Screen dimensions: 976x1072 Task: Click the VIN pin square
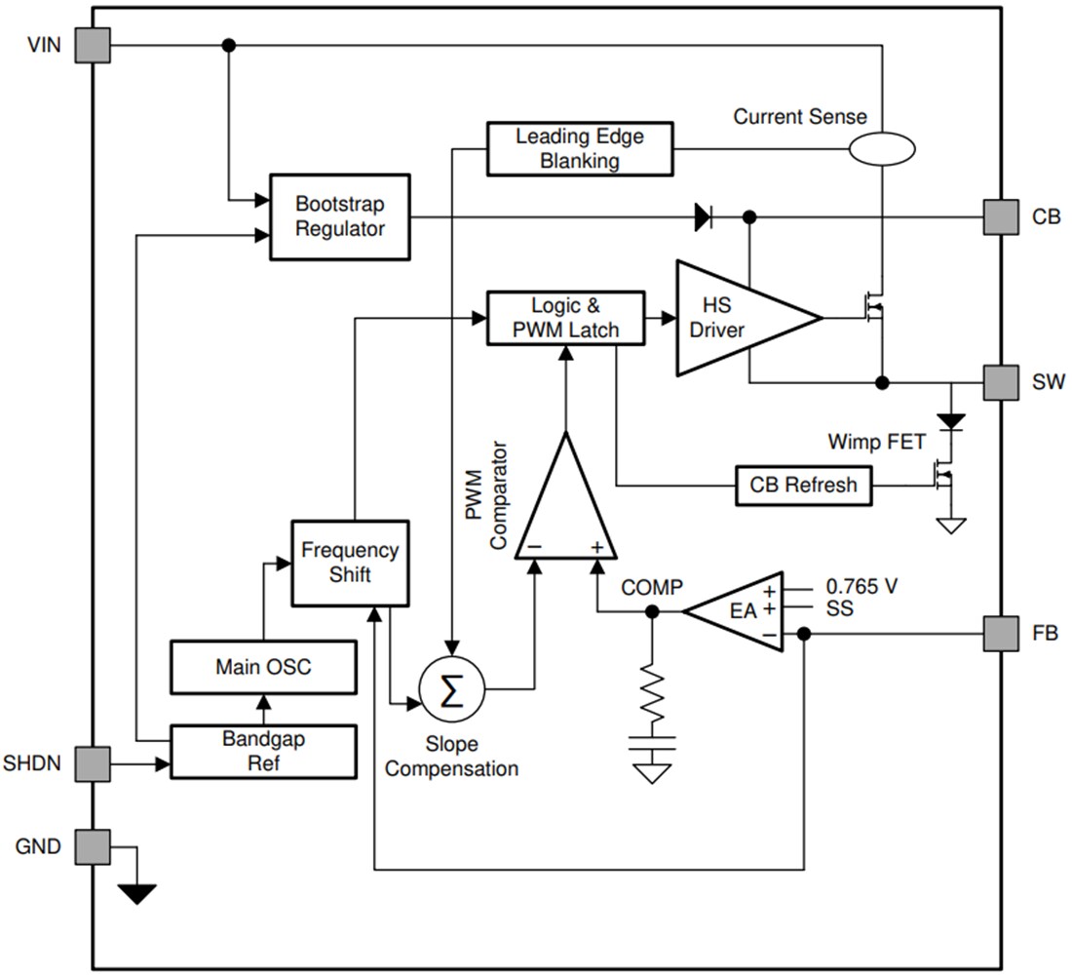(x=93, y=45)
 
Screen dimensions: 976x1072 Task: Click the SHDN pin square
(x=93, y=763)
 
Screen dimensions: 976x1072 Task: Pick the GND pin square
(x=93, y=846)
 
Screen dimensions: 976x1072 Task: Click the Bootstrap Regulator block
(x=339, y=216)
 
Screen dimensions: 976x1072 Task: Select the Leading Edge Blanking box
(x=579, y=148)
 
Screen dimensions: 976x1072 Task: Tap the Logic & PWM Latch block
(x=565, y=317)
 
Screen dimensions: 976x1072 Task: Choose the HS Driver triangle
(x=737, y=317)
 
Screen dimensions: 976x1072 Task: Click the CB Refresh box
(x=803, y=485)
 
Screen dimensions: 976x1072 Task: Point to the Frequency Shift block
(x=349, y=563)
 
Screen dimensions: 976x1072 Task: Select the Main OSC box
(x=262, y=667)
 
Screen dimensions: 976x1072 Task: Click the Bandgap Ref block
(x=262, y=751)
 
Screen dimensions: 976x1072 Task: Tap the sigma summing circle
(x=450, y=690)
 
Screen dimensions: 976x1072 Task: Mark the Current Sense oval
(x=881, y=148)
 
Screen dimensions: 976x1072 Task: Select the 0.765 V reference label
(x=861, y=587)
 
